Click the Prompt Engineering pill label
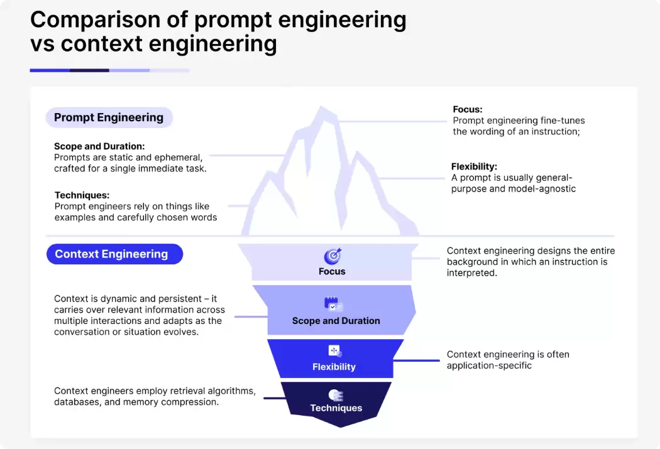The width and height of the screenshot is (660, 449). click(x=109, y=117)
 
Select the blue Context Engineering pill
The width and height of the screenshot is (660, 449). click(x=114, y=254)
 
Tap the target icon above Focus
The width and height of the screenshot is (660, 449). click(x=333, y=256)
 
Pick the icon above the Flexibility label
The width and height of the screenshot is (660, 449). click(x=334, y=351)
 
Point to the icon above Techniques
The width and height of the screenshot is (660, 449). click(x=336, y=396)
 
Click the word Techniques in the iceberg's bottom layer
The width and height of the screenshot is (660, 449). click(x=336, y=408)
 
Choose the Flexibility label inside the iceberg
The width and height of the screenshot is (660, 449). click(x=334, y=367)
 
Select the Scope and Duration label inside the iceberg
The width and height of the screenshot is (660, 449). click(x=336, y=321)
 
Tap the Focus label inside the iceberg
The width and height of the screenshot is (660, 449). click(x=332, y=271)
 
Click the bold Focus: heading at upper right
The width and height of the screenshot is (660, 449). click(x=468, y=109)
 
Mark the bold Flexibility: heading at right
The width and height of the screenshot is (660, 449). click(x=474, y=166)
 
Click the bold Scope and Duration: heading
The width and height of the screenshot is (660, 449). click(x=99, y=146)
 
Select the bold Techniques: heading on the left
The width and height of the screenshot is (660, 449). click(x=82, y=195)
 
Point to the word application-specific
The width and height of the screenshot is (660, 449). click(x=489, y=365)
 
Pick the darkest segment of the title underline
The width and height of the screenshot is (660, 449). click(x=89, y=70)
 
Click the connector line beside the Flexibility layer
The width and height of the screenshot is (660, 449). click(x=416, y=360)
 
